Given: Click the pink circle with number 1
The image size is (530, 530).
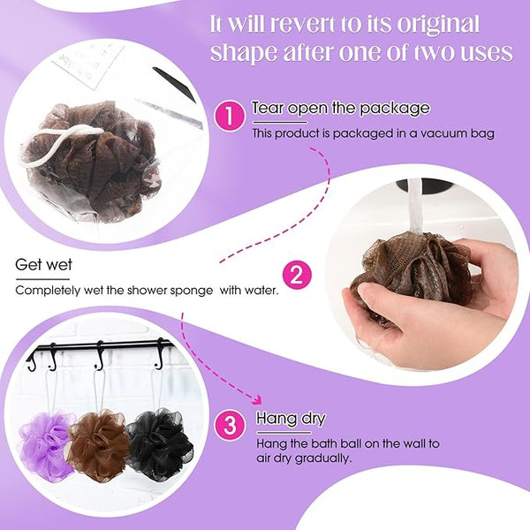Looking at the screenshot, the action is [x=230, y=117].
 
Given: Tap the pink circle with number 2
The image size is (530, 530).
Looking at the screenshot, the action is [x=297, y=275].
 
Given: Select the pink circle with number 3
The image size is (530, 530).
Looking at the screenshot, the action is [x=231, y=425].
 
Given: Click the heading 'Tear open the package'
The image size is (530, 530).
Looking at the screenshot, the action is [x=341, y=108].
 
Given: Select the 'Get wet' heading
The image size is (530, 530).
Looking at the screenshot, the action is [x=43, y=265].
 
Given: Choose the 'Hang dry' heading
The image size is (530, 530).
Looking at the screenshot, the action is [x=291, y=419].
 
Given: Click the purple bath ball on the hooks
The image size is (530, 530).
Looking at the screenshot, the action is [x=46, y=445].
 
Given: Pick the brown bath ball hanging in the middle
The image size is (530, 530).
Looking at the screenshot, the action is [x=99, y=444].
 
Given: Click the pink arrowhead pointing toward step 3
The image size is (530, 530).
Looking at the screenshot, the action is [x=257, y=399].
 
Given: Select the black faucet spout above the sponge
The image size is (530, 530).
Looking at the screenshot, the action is [x=425, y=185].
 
